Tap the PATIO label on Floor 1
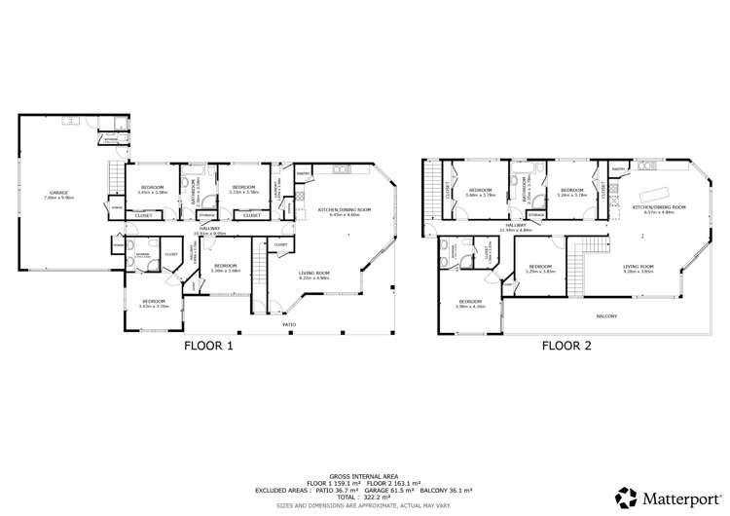(289, 324)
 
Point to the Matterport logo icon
(629, 497)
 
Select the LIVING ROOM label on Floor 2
(638, 266)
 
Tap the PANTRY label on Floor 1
(303, 174)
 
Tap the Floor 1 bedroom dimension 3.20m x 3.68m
(225, 270)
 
